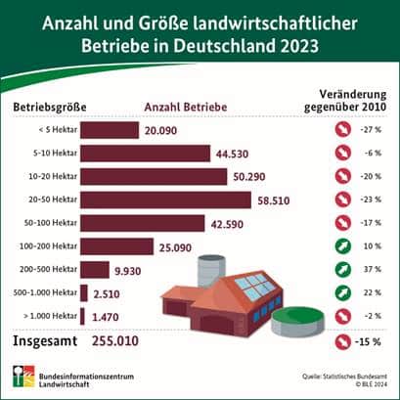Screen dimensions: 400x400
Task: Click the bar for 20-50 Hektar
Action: tap(156, 200)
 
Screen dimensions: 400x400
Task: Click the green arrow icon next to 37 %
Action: tap(343, 269)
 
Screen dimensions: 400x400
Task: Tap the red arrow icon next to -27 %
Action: tap(343, 129)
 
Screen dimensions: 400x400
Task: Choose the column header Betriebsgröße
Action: tap(47, 106)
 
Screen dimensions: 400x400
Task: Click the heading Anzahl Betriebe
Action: tap(185, 106)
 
